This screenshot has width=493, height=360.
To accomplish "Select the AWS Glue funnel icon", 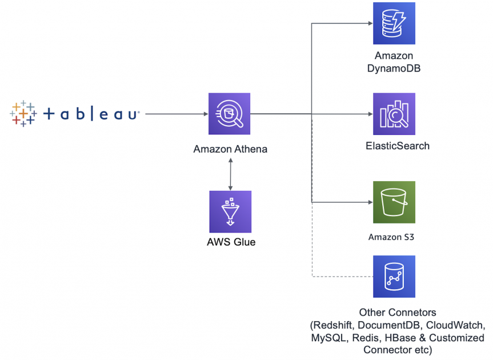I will [230, 212].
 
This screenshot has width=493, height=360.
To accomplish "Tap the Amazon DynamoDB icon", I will [394, 23].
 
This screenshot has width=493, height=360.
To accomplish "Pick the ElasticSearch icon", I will [394, 114].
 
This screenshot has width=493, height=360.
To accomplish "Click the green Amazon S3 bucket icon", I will [394, 202].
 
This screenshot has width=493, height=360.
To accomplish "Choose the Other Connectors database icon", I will [394, 277].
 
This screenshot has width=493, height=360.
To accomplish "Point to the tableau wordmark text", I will [91, 114].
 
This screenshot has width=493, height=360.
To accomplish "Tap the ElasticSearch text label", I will [398, 146].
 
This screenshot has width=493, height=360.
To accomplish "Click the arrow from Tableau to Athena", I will [177, 114].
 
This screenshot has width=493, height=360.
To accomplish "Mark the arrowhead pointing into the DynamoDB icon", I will [369, 24].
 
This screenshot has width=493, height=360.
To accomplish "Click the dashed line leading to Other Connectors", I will [312, 246].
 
